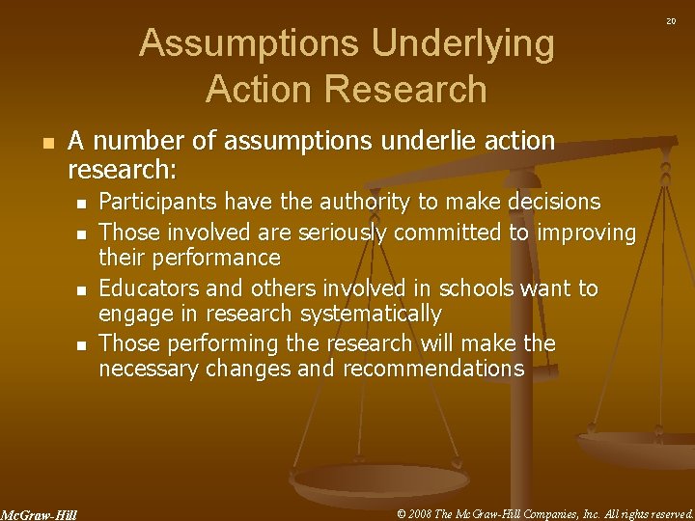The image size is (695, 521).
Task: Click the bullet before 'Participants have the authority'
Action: tap(82, 203)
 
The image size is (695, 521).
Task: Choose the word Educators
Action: tap(148, 288)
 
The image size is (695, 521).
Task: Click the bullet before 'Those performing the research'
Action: tap(82, 344)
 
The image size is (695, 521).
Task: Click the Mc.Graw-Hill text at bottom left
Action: tap(40, 514)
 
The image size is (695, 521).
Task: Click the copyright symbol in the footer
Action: tap(402, 512)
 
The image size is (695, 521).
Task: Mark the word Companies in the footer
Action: tap(549, 512)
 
